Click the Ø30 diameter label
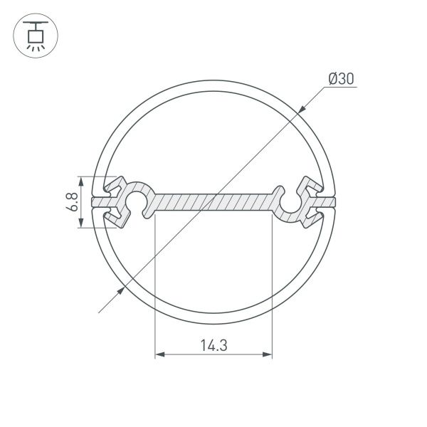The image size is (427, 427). coord(342,79)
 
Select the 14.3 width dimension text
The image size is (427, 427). coord(213,346)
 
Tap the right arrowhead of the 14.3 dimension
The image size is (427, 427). coord(268,354)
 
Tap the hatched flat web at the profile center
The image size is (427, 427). coord(213,202)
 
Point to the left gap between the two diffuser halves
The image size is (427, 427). coord(99,203)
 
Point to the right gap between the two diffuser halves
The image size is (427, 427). coord(328,203)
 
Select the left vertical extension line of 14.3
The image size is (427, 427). coord(155,285)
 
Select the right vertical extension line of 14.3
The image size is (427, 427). coord(273,285)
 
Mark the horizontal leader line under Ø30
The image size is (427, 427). coord(342,88)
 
